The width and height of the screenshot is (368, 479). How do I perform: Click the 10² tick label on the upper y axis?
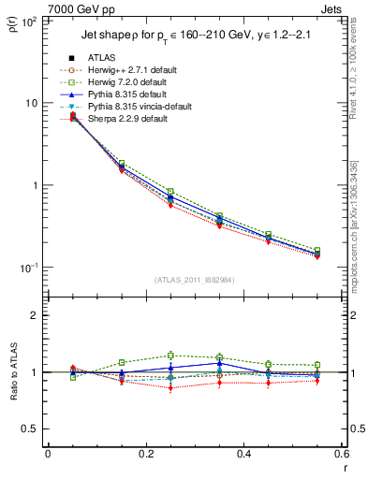coord(28,21)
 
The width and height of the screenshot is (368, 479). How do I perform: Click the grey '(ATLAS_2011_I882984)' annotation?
coord(195,280)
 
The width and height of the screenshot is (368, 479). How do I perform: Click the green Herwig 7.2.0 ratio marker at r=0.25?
coord(170,356)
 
